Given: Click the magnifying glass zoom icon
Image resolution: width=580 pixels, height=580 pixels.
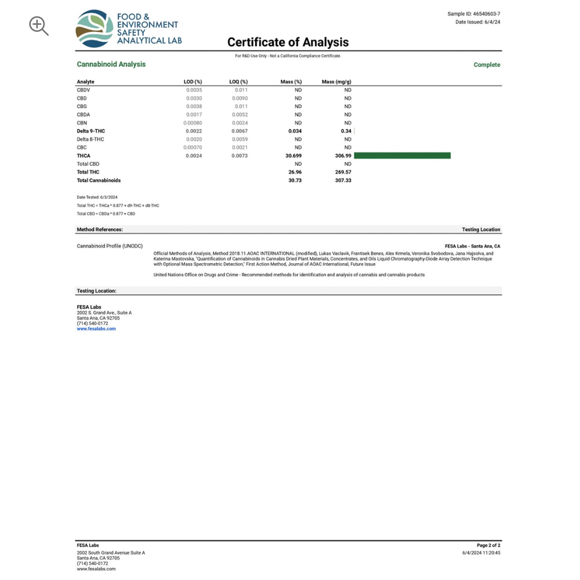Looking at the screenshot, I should tap(39, 26).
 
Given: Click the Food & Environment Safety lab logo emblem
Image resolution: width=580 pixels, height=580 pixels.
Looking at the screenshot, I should tap(94, 29).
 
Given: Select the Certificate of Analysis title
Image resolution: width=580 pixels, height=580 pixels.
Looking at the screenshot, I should tap(288, 42).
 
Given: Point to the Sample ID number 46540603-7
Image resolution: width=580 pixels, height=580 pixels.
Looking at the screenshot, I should tap(486, 14).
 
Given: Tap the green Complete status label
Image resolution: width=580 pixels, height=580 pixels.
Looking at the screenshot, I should tap(487, 65).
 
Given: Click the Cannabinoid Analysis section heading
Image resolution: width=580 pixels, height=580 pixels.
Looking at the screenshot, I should tap(111, 64).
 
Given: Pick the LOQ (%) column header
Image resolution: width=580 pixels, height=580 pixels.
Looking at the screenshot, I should tap(238, 82).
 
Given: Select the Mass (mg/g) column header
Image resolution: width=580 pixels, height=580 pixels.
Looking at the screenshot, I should tap(336, 82).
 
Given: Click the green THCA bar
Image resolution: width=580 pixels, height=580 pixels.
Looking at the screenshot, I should tap(402, 156).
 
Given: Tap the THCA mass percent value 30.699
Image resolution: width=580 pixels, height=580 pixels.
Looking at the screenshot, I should tap(293, 156).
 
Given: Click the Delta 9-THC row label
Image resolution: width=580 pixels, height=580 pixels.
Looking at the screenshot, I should tap(91, 131).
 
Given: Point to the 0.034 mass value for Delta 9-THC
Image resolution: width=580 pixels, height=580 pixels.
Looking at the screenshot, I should tap(295, 131).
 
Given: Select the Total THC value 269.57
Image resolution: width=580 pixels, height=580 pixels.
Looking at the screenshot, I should tap(343, 172).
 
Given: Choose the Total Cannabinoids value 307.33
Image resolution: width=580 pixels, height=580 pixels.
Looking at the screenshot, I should tap(343, 180).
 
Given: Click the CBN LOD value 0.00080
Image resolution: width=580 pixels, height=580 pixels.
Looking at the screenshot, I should tap(193, 123).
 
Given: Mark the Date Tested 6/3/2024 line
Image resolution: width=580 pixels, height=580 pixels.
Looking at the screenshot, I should tap(97, 197).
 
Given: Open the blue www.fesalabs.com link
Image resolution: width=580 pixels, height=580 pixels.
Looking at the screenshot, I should tap(96, 329).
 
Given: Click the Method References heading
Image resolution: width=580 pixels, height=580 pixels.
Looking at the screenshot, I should tap(100, 230).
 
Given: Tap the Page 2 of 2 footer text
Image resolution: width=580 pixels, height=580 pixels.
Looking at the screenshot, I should tap(488, 545).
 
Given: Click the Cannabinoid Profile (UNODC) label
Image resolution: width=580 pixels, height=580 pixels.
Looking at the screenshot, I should tap(110, 246).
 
